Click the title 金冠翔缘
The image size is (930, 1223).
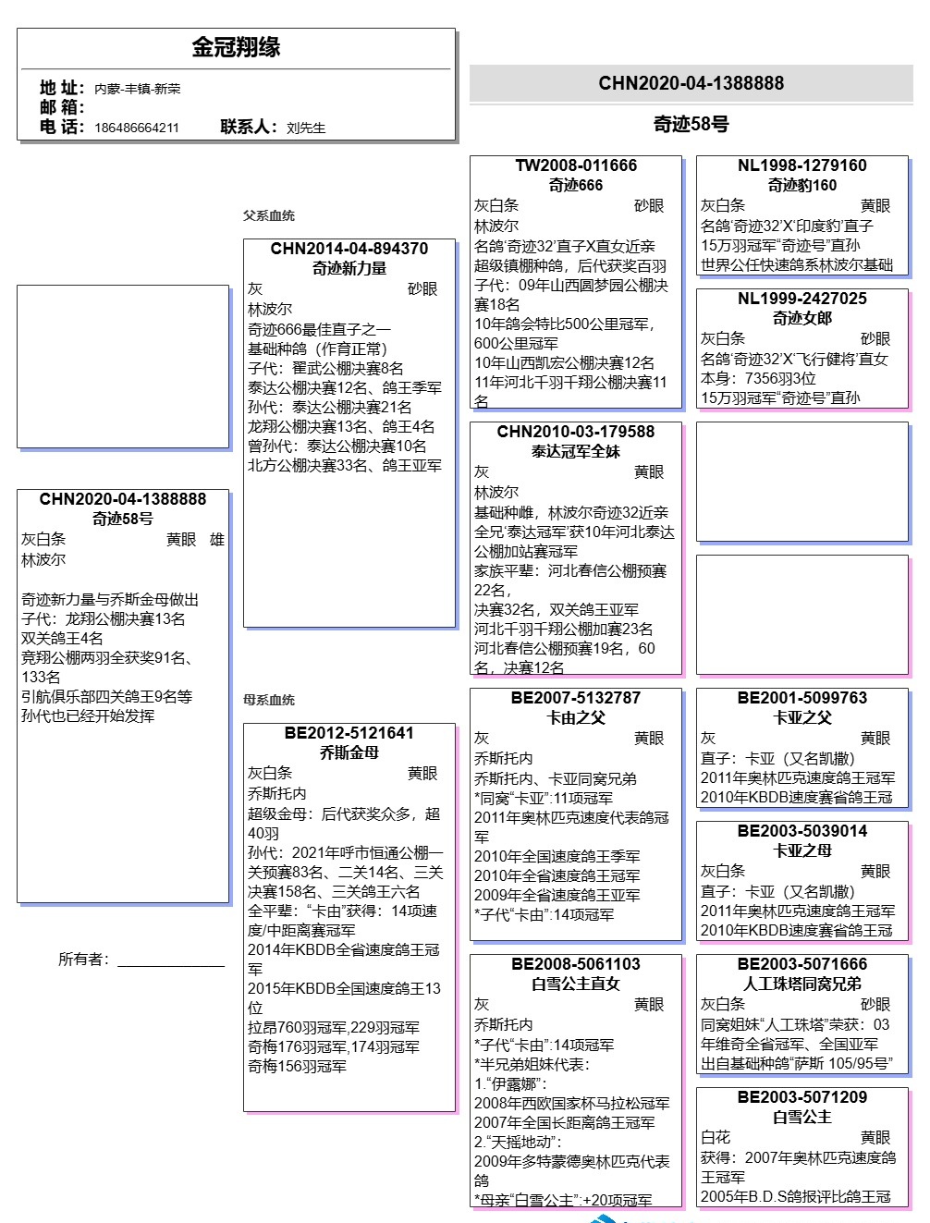click(236, 47)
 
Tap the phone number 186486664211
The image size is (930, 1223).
click(137, 128)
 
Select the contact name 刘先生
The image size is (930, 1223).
click(306, 128)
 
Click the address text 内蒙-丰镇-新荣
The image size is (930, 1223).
click(138, 89)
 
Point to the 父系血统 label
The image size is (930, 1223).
click(269, 215)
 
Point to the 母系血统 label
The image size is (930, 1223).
click(269, 700)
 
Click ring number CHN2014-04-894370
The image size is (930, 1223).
click(349, 249)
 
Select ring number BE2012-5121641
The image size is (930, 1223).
click(349, 733)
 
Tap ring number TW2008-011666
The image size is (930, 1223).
click(576, 165)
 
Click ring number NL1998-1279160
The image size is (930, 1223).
click(802, 165)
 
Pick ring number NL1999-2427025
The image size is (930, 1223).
click(802, 299)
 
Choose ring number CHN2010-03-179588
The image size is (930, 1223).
click(576, 432)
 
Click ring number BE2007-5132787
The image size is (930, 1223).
click(576, 698)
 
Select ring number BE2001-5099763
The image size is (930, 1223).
click(802, 698)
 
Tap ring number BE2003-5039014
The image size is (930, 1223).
click(802, 831)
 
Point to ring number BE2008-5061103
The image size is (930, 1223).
click(576, 964)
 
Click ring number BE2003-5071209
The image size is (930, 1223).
click(802, 1097)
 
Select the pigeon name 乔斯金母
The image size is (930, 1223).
click(349, 752)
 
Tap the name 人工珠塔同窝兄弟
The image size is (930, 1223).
click(802, 984)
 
